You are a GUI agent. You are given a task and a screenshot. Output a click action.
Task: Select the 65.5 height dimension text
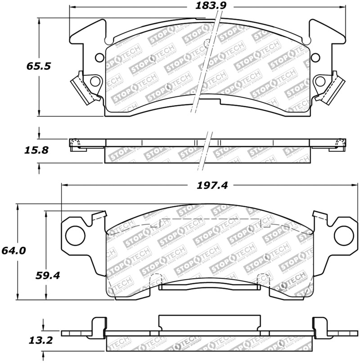(x=39, y=66)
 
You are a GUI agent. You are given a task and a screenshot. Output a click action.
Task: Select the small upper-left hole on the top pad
(x=99, y=57)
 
